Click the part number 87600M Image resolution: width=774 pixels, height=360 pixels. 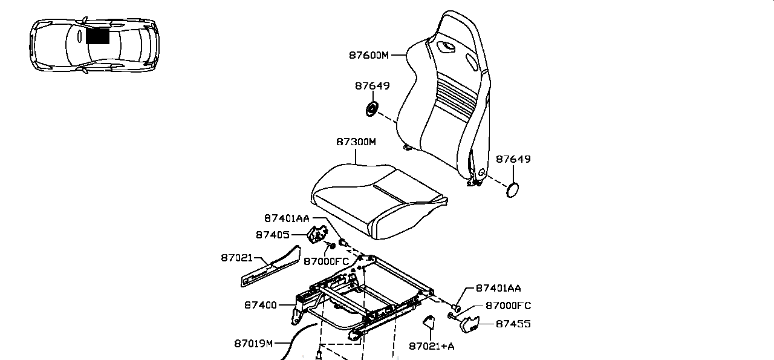click(x=369, y=55)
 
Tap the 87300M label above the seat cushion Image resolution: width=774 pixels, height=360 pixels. click(x=356, y=142)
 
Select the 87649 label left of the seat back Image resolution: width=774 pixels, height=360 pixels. click(x=372, y=86)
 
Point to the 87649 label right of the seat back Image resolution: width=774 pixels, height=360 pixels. click(x=513, y=159)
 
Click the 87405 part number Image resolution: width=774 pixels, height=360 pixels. click(x=272, y=235)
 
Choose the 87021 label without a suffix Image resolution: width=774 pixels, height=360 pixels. click(x=236, y=258)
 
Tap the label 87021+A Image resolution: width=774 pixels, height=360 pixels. click(x=432, y=346)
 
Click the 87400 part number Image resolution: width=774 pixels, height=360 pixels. click(x=261, y=306)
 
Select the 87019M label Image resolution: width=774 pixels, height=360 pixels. click(x=253, y=344)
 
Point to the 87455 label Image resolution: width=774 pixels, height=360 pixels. click(x=513, y=324)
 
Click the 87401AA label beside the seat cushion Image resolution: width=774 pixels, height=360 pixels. click(x=287, y=218)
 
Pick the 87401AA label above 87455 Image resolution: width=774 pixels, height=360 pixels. click(x=498, y=289)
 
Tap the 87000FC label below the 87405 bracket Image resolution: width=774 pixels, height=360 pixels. click(x=326, y=262)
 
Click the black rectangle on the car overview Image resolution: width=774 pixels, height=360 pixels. click(x=97, y=36)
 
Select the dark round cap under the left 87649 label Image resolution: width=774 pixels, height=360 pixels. click(x=372, y=109)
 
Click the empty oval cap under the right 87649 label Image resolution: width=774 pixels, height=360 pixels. click(x=512, y=190)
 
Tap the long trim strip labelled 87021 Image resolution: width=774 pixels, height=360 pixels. click(x=270, y=267)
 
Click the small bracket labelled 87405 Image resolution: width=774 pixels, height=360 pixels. click(x=317, y=234)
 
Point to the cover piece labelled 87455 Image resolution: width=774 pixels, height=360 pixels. click(x=470, y=324)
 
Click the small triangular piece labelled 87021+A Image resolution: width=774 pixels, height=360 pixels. click(x=429, y=322)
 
